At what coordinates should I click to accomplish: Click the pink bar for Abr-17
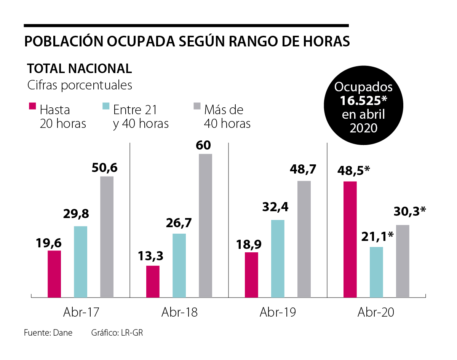point(54,274)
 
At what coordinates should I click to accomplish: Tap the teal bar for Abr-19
point(278,258)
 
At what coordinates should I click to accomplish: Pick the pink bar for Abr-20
point(350,239)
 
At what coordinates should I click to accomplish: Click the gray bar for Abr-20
point(403,261)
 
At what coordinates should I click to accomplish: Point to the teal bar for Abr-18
point(179,265)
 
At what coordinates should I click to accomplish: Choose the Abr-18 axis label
point(179,312)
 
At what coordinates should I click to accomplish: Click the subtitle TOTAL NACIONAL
point(80,68)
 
